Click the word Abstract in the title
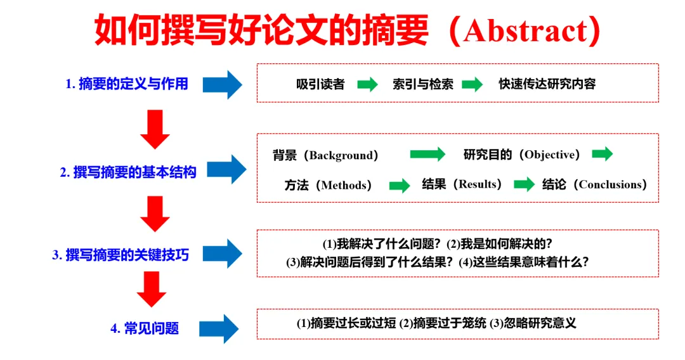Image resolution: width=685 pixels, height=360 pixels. point(526,31)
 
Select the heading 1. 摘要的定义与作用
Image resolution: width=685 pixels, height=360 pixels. point(127,84)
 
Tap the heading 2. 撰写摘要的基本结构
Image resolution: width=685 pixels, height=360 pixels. point(128,172)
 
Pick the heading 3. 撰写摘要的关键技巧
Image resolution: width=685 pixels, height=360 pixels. point(121,255)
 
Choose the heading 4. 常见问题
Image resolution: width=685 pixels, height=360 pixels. point(145,328)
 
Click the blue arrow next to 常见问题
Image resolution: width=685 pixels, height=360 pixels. point(219,328)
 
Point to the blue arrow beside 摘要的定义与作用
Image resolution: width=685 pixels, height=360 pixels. point(223,84)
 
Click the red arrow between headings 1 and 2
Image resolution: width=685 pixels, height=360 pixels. point(155,129)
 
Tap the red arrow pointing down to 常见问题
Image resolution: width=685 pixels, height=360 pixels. point(152,289)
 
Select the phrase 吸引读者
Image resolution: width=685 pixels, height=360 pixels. point(321,84)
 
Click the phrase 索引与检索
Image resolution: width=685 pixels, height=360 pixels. point(423,84)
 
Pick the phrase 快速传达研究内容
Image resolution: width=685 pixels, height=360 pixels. point(547,84)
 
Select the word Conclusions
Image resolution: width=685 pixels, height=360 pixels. point(610,184)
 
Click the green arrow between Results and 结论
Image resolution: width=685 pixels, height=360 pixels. point(525,184)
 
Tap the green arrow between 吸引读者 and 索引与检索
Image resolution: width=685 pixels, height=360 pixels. point(368,84)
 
